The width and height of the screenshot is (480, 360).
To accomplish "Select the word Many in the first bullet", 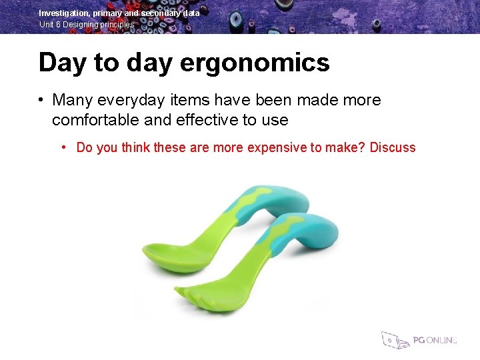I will (73, 101).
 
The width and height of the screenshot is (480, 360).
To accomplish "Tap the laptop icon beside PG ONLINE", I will (393, 340).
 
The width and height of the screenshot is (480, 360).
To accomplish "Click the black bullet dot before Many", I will (41, 101).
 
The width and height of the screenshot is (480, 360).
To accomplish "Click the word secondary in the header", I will (166, 13).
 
